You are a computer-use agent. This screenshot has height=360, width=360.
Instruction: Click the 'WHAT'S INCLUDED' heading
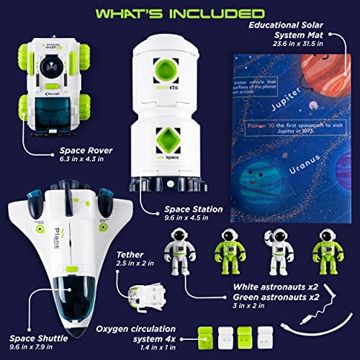click(179, 14)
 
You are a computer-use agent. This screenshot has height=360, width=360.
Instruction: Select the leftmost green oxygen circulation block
click(206, 336)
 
